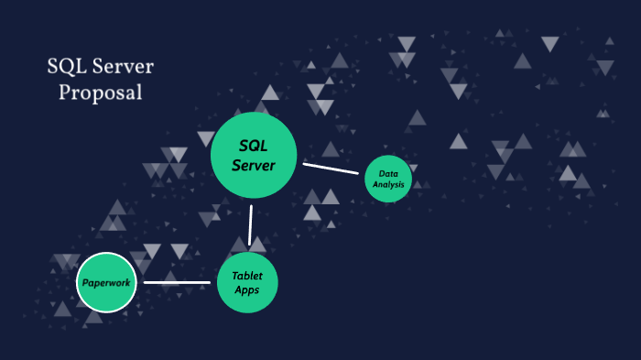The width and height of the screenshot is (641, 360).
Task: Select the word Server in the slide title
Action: coord(123,68)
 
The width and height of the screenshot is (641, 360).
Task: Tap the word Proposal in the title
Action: coord(101,93)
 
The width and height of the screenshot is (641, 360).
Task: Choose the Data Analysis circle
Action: coord(387,180)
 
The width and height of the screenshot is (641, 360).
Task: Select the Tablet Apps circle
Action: coord(247,283)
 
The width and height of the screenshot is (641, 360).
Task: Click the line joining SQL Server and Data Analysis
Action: coord(331,168)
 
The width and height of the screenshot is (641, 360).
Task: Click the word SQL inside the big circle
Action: coord(254,146)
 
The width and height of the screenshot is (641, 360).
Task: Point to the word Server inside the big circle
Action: coord(254,165)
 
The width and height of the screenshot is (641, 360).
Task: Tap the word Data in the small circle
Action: coord(387,173)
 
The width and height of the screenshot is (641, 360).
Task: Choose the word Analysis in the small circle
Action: coord(387,184)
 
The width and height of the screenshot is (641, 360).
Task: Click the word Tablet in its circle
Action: coord(247,276)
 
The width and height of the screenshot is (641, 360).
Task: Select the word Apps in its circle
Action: coord(247,290)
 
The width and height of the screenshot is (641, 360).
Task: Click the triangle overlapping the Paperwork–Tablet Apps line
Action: coord(170,278)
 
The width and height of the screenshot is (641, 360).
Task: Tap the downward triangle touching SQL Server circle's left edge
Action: coord(206,139)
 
